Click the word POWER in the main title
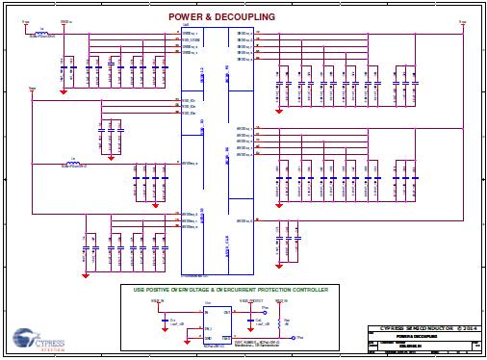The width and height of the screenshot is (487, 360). tap(188, 17)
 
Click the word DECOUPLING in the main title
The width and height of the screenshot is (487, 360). tap(245, 17)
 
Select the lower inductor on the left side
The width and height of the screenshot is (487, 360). tap(73, 163)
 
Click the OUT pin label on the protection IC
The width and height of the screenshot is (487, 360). tap(228, 313)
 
